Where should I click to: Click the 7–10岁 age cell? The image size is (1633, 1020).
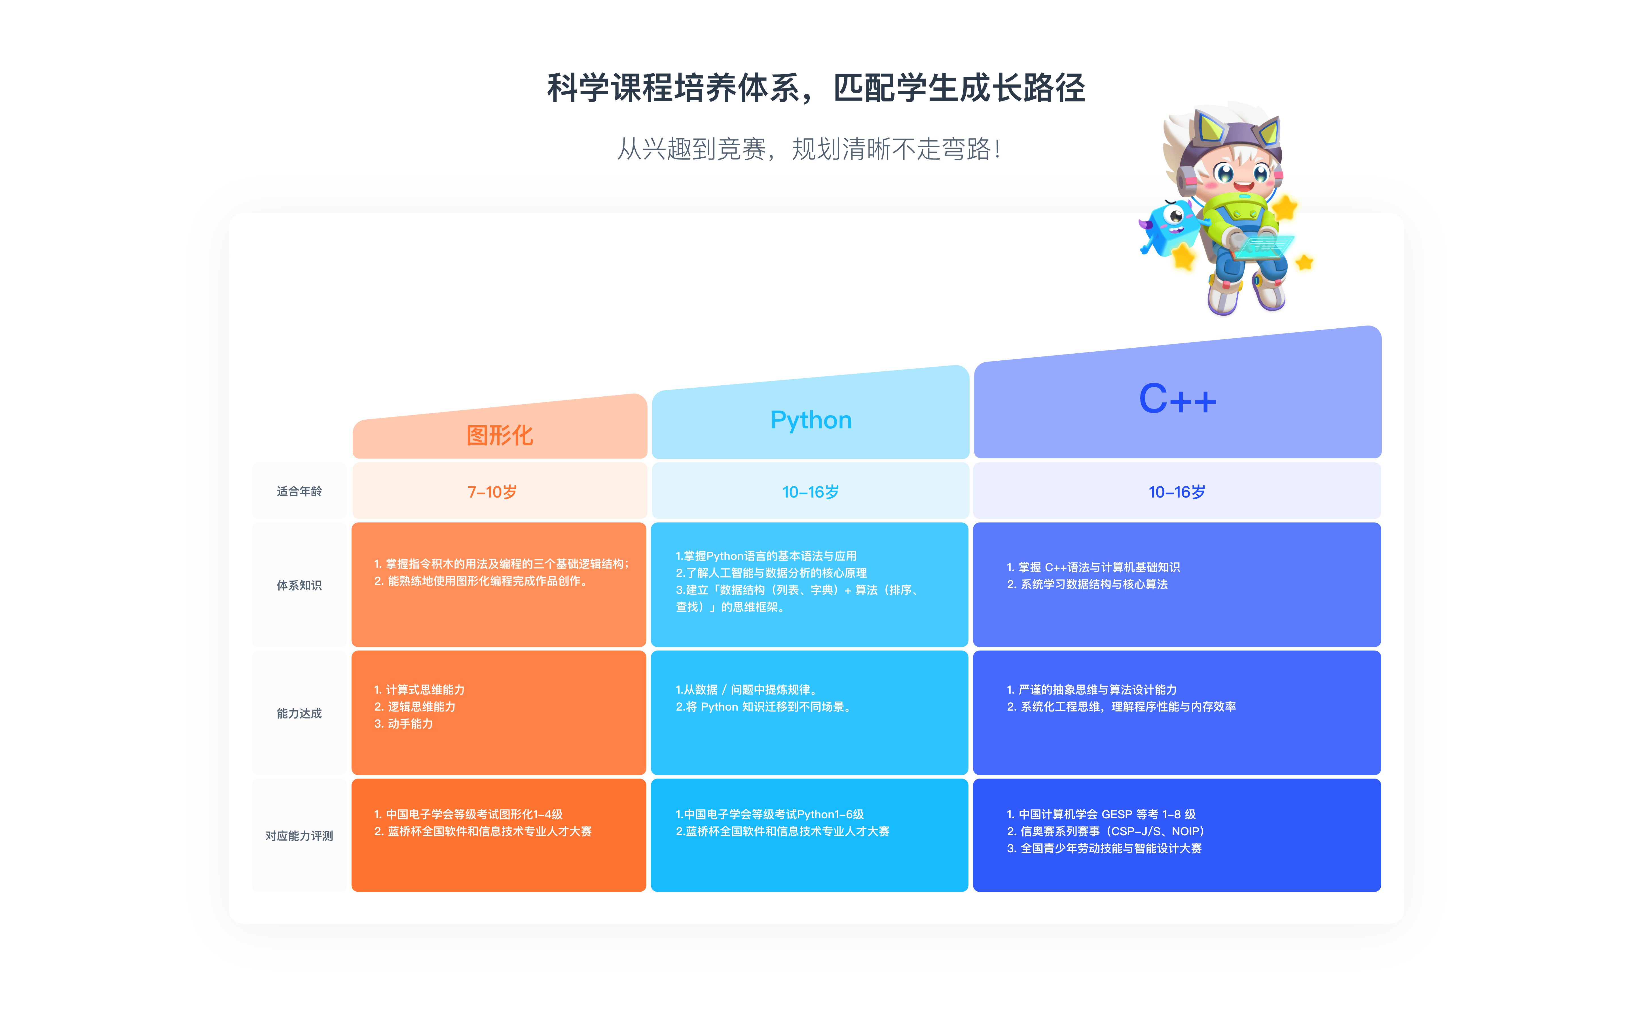click(492, 492)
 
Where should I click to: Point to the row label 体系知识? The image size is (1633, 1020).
click(299, 585)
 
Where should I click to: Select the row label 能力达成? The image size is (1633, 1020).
click(299, 713)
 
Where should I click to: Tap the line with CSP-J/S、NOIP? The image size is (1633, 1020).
click(1105, 831)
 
